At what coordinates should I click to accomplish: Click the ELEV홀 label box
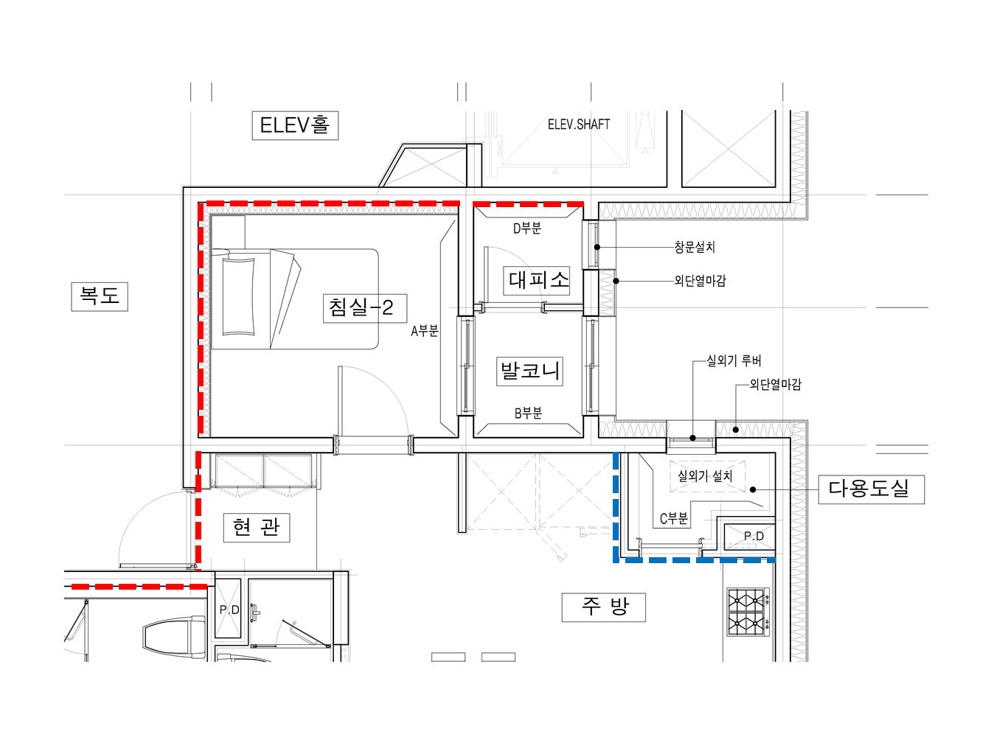[x=295, y=125]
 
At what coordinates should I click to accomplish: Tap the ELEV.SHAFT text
[x=578, y=125]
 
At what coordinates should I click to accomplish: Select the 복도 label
[x=100, y=296]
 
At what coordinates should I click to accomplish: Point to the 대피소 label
[x=536, y=281]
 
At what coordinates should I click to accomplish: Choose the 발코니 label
[x=529, y=371]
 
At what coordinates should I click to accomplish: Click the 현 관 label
[x=257, y=527]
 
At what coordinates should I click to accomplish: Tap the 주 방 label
[x=604, y=607]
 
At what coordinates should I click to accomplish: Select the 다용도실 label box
[x=872, y=489]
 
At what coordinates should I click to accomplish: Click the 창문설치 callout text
[x=695, y=247]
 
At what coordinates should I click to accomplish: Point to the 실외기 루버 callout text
[x=734, y=361]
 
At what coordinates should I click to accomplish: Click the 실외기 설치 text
[x=705, y=476]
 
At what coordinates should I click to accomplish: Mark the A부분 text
[x=425, y=331]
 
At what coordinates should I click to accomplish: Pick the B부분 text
[x=528, y=413]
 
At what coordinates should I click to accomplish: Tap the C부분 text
[x=674, y=519]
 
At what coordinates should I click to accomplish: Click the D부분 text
[x=527, y=229]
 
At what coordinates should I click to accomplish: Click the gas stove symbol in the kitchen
[x=748, y=613]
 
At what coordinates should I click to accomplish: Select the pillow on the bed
[x=238, y=296]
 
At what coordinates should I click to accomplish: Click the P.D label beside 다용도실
[x=754, y=536]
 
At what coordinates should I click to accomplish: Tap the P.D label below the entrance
[x=229, y=610]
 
